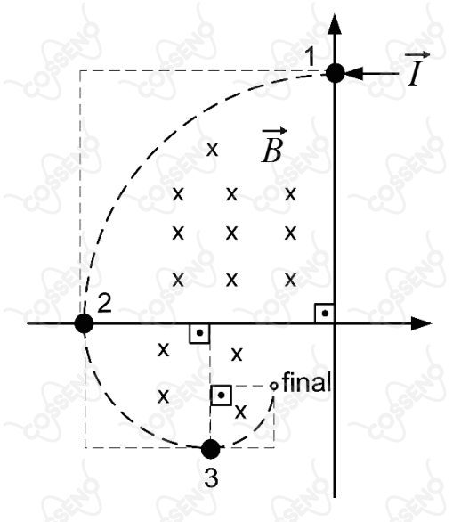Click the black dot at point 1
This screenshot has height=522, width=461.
pos(335,73)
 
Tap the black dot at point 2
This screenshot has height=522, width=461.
pos(85,323)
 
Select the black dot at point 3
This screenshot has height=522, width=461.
pos(211,449)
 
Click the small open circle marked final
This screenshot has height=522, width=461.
pos(274,387)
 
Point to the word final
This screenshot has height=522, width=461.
pos(307,382)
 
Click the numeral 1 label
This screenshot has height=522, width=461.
pos(310,57)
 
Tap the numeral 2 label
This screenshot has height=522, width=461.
pos(104,303)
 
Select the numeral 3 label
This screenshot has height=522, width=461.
pos(211,478)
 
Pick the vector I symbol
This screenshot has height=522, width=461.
pos(417,69)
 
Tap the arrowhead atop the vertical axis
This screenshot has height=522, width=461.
pos(335,24)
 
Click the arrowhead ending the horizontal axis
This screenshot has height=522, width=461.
pos(422,323)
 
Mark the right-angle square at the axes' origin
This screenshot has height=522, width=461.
pos(324,314)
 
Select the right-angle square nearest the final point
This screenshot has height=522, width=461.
pos(222,396)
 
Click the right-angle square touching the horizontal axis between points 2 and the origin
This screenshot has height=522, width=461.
pos(199,333)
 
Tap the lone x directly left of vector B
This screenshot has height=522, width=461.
pos(212,149)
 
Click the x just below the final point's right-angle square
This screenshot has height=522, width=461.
pos(240,412)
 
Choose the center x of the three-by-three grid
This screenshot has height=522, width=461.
pos(231,232)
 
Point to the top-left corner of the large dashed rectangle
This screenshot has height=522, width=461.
pos(80,70)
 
